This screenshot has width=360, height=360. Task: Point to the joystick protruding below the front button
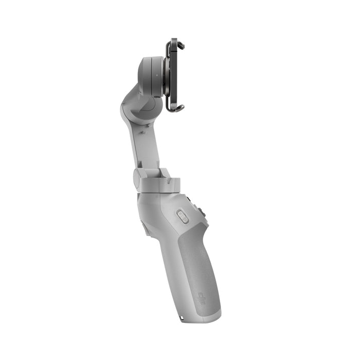click(200, 211)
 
